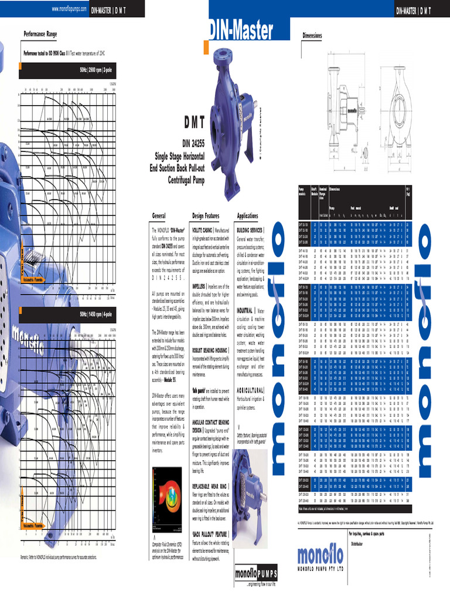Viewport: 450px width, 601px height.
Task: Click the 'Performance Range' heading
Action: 40,34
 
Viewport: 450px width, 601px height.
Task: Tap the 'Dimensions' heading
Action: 312,36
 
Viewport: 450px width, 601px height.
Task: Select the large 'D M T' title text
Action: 186,123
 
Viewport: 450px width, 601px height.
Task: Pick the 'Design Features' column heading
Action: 205,215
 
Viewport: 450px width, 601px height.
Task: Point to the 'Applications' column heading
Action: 247,215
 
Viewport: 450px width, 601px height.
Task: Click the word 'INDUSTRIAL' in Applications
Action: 245,310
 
